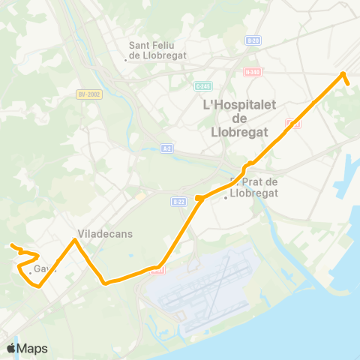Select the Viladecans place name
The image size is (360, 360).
105,233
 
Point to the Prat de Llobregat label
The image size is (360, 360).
256,187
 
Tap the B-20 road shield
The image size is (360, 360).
253,40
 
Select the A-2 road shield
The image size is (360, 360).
167,148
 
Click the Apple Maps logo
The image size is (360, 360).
27,349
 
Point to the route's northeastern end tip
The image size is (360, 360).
349,83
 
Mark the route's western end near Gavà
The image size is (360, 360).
11,245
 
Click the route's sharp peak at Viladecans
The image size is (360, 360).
74,240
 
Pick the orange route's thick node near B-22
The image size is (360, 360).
199,198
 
